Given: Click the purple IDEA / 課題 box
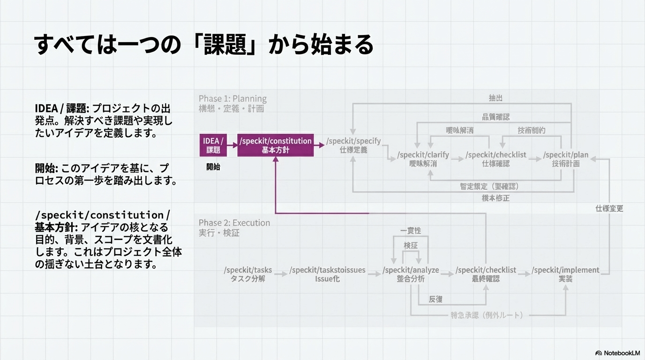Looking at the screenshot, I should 213,145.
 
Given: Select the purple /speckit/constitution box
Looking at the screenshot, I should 276,145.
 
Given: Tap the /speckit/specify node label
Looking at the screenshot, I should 353,145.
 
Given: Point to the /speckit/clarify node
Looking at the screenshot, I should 423,159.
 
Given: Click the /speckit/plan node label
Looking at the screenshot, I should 566,159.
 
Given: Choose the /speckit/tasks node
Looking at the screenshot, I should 248,274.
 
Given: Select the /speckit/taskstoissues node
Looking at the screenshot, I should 327,274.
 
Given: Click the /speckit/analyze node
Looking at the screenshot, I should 411,274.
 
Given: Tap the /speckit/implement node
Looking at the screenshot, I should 566,274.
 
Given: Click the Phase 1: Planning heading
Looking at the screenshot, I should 232,98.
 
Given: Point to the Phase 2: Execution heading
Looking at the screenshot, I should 234,223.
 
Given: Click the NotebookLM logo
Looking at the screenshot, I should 617,353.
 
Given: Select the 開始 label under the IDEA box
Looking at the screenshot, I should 213,167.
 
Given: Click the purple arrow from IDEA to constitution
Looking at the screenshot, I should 232,145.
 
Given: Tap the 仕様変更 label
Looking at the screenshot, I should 609,209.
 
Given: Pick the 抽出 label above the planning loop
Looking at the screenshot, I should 495,98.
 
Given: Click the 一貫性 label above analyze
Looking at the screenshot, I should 411,231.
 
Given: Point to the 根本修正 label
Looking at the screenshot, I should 495,198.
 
